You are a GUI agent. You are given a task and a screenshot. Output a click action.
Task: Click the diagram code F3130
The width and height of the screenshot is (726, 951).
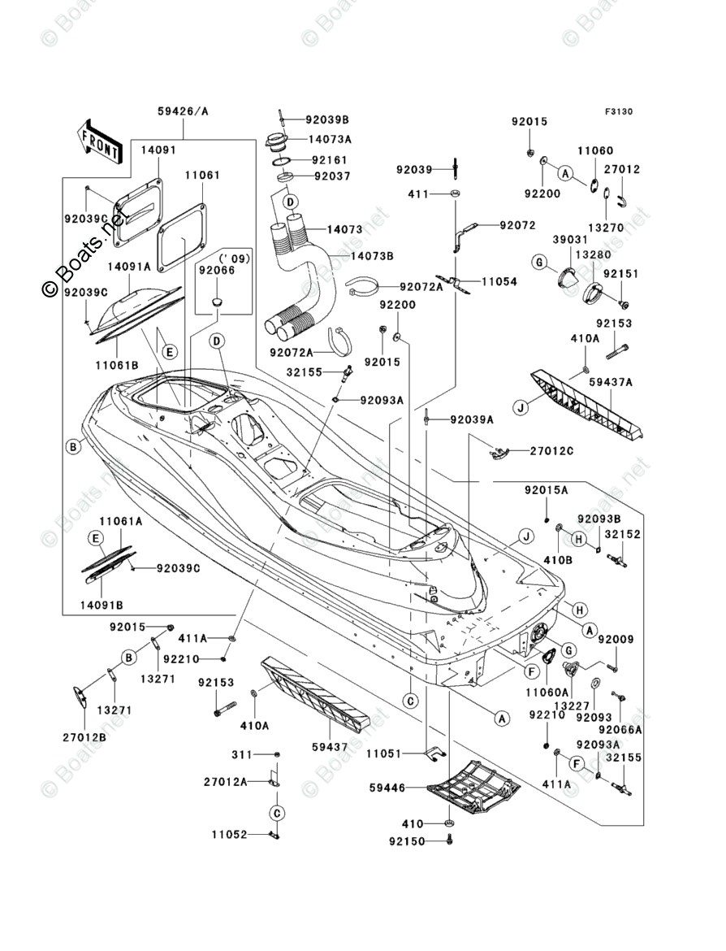click(618, 111)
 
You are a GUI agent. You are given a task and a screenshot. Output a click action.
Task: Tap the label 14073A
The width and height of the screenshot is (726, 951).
click(330, 139)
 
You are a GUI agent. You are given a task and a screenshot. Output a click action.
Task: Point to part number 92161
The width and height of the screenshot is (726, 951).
click(330, 160)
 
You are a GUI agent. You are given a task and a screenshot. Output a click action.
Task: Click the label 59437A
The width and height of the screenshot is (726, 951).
click(611, 382)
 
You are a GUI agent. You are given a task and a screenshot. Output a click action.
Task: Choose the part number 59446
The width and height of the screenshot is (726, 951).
click(387, 788)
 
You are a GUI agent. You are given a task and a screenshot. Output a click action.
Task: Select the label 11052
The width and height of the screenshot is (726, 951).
click(230, 835)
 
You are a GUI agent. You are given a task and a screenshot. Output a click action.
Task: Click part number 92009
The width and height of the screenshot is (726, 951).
click(616, 639)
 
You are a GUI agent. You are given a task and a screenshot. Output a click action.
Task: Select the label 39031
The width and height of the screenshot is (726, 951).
click(570, 240)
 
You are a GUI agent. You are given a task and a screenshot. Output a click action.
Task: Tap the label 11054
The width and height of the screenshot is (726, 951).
click(499, 281)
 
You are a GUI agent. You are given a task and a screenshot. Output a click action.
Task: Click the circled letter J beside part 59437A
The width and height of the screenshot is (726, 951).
click(521, 407)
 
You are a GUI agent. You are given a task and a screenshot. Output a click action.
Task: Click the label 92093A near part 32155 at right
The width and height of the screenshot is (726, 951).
click(599, 745)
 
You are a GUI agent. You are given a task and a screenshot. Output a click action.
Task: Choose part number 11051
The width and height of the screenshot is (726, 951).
click(384, 753)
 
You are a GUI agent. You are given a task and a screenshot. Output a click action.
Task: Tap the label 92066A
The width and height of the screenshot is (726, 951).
click(620, 730)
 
